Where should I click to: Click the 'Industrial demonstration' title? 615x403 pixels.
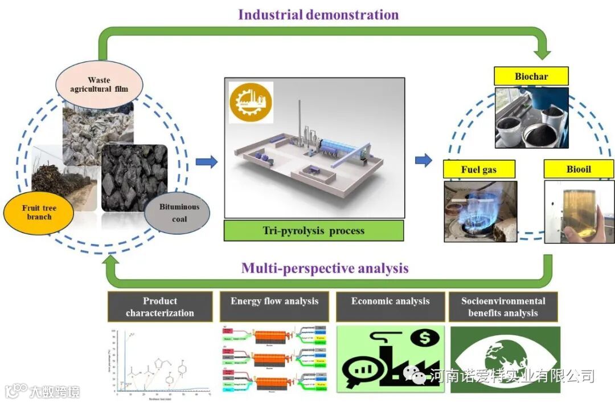click(318, 14)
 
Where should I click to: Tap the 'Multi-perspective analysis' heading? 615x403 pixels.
click(325, 268)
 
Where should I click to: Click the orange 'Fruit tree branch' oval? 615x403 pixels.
click(39, 212)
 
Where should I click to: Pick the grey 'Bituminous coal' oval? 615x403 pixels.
click(177, 213)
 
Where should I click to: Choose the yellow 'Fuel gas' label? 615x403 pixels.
click(479, 169)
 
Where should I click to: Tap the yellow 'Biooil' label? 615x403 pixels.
click(579, 169)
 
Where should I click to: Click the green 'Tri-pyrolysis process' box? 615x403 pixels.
click(313, 231)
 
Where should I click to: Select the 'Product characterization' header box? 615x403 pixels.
click(159, 307)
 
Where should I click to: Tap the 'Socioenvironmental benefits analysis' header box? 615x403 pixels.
click(503, 307)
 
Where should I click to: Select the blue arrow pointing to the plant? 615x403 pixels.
click(207, 162)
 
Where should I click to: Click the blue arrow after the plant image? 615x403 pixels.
click(423, 161)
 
